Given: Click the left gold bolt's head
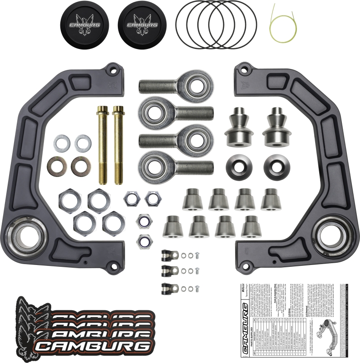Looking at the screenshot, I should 101,110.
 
